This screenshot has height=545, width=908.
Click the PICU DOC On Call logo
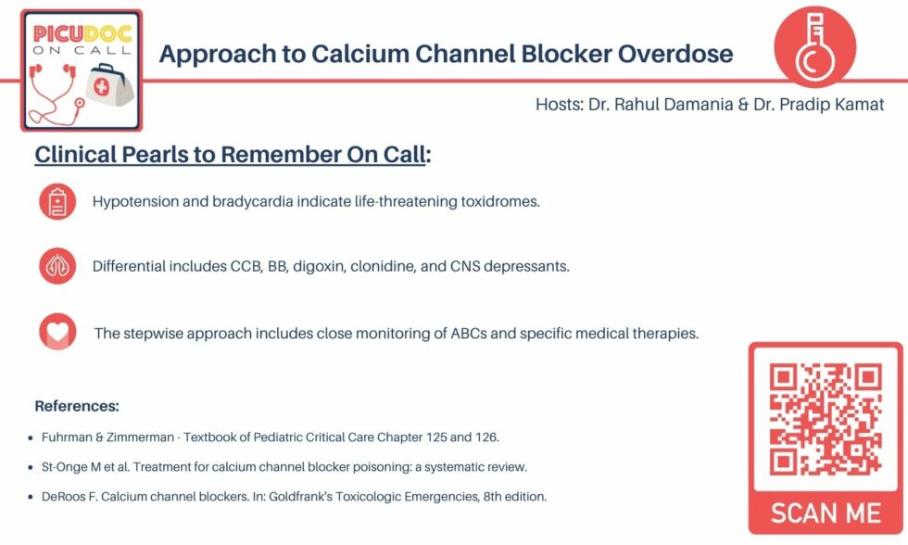pos(82,70)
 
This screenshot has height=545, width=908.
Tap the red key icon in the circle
pos(813,49)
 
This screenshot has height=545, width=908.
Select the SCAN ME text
pos(826,512)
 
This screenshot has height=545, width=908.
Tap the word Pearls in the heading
pos(170,154)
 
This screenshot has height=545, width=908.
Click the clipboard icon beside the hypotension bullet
pos(57,201)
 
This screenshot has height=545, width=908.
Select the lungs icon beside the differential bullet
pos(57,266)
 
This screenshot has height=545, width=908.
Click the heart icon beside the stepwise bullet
pos(57,332)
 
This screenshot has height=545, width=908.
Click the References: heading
pos(76,406)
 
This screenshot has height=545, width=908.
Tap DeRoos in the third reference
pos(62,496)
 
